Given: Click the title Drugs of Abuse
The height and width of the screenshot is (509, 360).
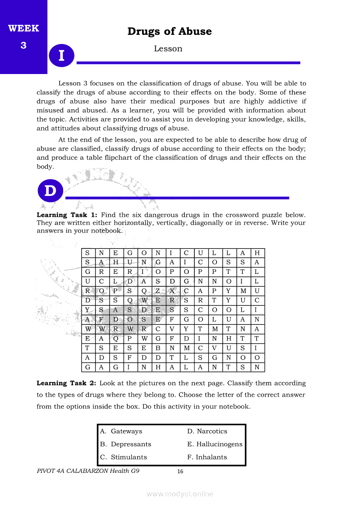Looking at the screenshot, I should pos(170,32).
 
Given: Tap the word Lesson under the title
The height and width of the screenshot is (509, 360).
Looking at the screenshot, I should pos(168,49).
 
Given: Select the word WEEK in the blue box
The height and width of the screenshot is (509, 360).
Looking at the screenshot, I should pos(24,29).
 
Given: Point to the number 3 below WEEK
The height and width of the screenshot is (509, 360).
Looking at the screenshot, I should pos(24,45).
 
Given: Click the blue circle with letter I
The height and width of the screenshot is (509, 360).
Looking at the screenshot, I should pos(61,55).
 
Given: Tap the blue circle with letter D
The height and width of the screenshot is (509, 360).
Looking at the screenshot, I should pos(51,191).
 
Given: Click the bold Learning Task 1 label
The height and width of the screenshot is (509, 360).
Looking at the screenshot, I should pos(67,215).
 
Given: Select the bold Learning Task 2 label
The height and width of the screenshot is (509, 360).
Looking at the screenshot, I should pos(67,384).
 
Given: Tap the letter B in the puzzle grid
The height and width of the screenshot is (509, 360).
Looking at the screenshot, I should pos(157,348).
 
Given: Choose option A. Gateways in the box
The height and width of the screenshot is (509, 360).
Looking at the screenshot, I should pos(121,431).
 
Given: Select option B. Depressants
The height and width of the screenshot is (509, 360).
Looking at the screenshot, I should pos(126,445).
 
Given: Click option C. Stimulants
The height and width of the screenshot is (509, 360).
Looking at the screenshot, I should pos(123,457).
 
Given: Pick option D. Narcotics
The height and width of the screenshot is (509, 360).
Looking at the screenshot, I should pos(207,431).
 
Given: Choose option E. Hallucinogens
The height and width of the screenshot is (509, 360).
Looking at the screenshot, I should pos(215,445).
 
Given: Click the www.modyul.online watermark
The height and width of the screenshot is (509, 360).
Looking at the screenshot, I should pos(180,494).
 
